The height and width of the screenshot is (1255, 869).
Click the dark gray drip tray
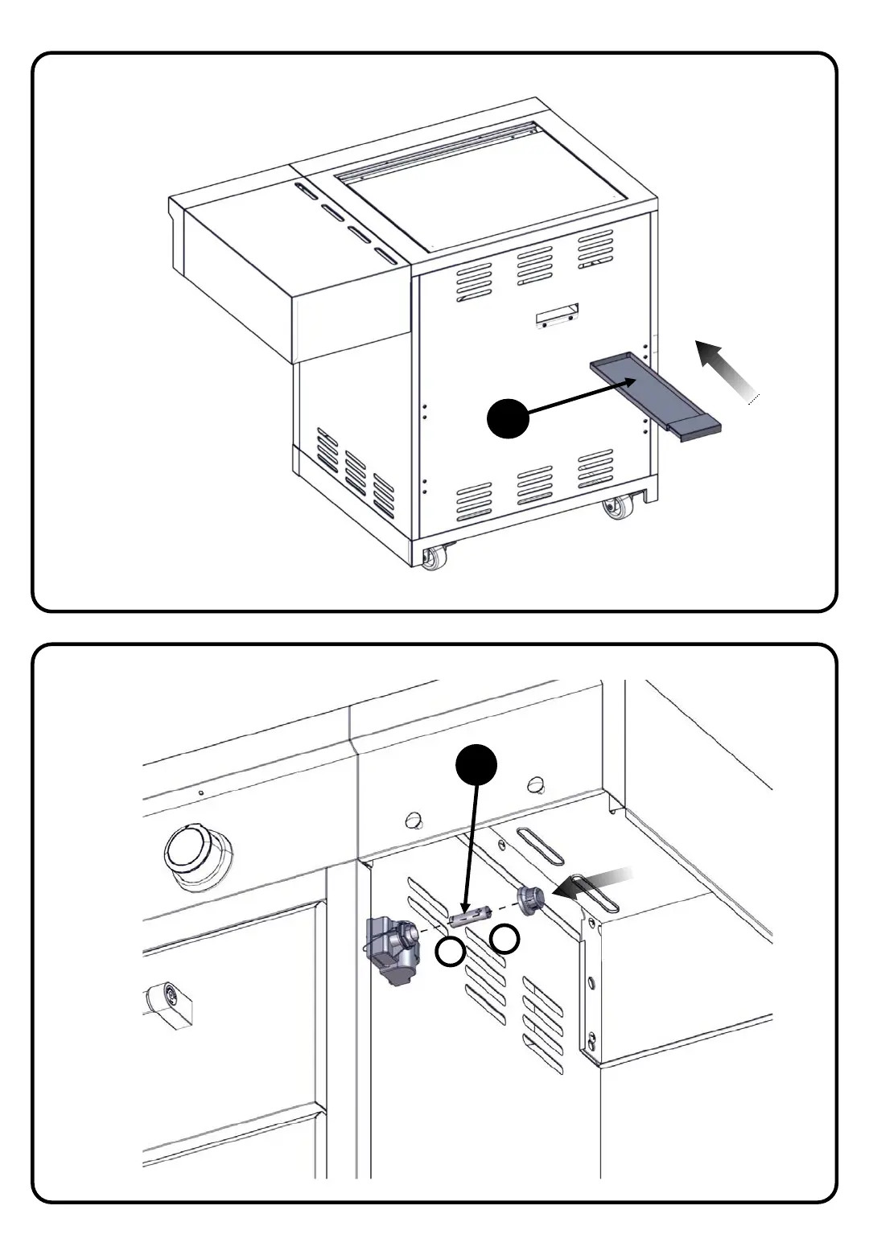coord(652,394)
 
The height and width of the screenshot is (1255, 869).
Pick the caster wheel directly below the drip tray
coord(617,508)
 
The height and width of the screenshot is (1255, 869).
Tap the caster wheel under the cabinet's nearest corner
coord(434,558)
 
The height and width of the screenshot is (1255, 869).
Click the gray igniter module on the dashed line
coord(393,949)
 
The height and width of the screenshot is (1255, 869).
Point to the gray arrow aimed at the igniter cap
coord(595,883)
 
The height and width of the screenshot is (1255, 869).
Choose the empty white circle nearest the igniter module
coord(450,953)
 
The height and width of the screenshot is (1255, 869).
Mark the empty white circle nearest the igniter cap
coord(505,938)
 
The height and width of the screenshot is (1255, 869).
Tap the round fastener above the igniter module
coord(414,821)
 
